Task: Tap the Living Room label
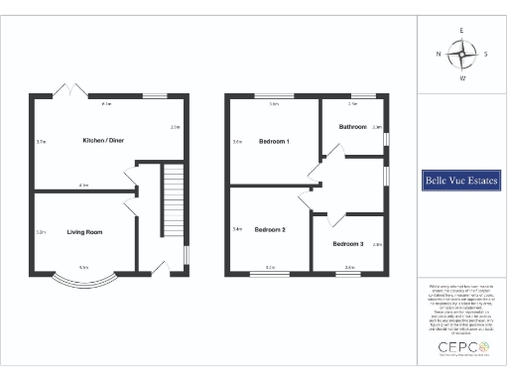85,232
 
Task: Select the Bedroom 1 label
273,141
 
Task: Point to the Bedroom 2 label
269,229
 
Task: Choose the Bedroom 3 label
347,243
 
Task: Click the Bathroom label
353,127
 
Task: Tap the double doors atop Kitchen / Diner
66,91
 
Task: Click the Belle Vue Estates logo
461,182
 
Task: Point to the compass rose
461,55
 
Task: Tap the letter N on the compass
438,55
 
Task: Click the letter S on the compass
484,55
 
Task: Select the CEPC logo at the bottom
461,348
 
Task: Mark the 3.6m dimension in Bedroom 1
237,142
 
